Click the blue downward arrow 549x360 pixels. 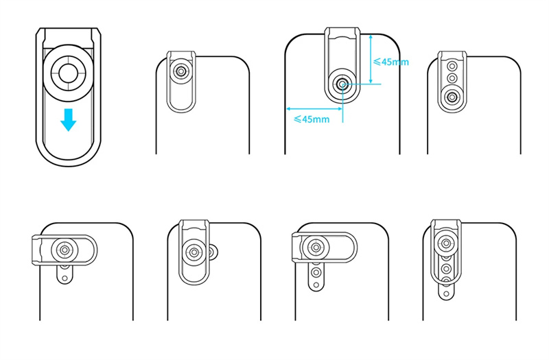pos(68,120)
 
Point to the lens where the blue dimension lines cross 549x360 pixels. pos(342,84)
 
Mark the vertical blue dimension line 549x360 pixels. pos(371,59)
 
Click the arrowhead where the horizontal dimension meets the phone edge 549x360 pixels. pos(289,108)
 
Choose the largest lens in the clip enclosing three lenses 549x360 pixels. pos(451,97)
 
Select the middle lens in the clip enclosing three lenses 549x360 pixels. pos(451,80)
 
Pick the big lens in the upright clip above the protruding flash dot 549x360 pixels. pos(447,241)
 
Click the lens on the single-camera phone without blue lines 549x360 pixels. pos(180,71)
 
